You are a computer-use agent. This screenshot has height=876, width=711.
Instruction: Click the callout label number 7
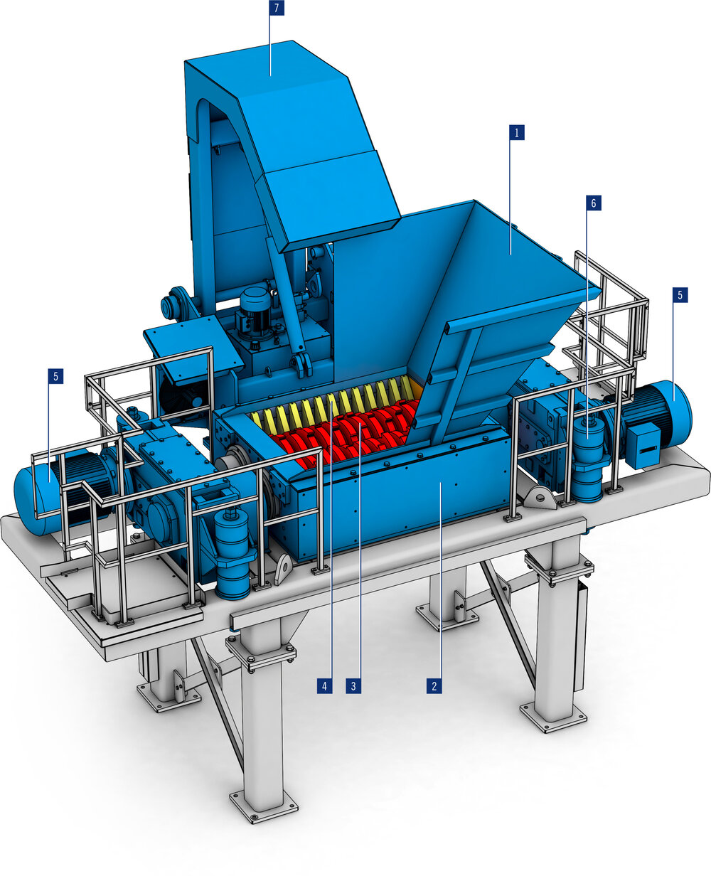point(270,9)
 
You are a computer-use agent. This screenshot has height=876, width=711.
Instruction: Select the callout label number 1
point(517,132)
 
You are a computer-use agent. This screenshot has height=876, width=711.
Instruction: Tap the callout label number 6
point(593,203)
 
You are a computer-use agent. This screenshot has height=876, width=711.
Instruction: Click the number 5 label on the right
point(680,295)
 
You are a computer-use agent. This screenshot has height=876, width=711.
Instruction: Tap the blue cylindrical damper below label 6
point(588,462)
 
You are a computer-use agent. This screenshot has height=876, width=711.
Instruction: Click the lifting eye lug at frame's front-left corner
point(283,569)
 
